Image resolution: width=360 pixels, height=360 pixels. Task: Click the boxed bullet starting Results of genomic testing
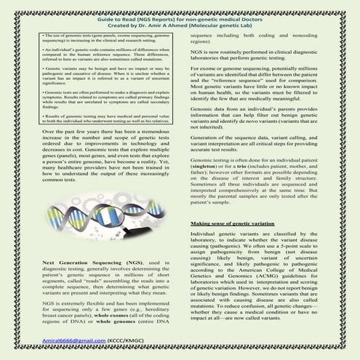pyautogui.click(x=96, y=117)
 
